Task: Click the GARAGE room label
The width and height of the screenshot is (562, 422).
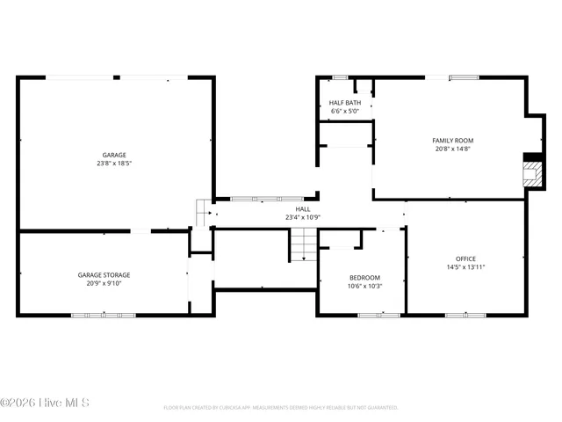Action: click(x=114, y=156)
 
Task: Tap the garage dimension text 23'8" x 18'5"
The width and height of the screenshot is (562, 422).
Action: click(x=114, y=164)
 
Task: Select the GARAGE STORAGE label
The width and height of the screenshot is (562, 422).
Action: click(x=104, y=275)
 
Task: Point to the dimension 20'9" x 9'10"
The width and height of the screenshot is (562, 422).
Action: click(x=104, y=283)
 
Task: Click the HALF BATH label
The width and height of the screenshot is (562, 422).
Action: click(x=345, y=103)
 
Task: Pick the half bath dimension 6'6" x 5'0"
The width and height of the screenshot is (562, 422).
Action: click(x=345, y=112)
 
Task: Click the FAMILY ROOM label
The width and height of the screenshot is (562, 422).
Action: click(x=452, y=141)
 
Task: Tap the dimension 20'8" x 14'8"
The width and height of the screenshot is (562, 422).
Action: click(x=452, y=149)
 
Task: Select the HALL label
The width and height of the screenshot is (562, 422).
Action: click(x=302, y=209)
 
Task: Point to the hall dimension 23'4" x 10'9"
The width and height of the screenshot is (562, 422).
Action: click(x=302, y=217)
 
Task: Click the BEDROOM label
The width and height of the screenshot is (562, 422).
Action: click(x=364, y=278)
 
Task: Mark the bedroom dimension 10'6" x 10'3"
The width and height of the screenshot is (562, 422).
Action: click(x=364, y=286)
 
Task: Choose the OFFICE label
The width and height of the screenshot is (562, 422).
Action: click(x=465, y=258)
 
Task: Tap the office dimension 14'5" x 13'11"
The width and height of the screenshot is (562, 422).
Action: click(x=465, y=266)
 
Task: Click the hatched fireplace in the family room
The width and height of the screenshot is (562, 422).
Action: click(x=532, y=171)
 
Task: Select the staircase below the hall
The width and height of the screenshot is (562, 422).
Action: click(x=303, y=244)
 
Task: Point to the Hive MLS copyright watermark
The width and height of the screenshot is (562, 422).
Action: click(x=45, y=404)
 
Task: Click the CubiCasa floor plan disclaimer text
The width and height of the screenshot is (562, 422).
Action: click(x=281, y=408)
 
